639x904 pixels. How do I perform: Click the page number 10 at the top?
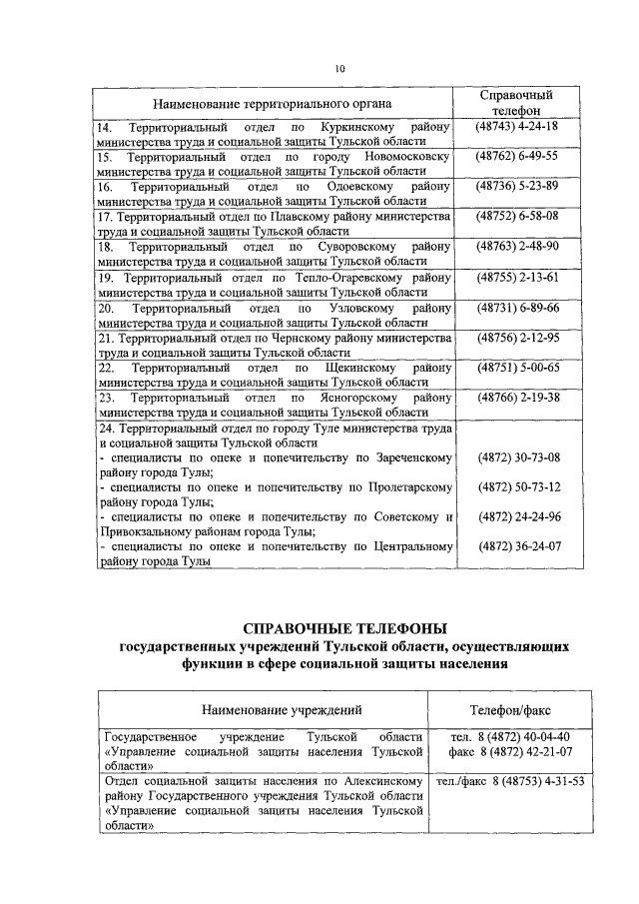tap(339, 69)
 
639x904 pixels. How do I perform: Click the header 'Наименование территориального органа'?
tap(272, 103)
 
